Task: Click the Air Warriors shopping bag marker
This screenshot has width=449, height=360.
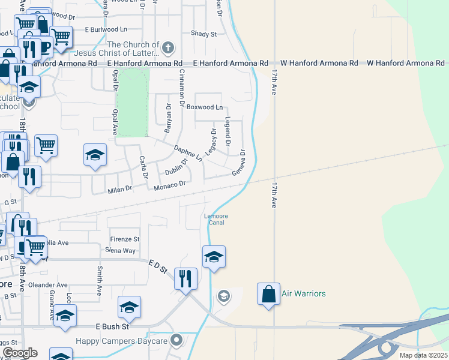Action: (x=268, y=294)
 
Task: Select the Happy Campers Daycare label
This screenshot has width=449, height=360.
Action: (x=121, y=341)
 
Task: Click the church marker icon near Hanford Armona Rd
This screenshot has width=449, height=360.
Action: (x=169, y=47)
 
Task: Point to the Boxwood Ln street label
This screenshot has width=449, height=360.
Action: (x=204, y=107)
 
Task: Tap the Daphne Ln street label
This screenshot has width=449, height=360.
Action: (x=188, y=152)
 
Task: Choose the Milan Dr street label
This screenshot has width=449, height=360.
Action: (x=119, y=190)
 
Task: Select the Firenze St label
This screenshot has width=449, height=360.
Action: (x=124, y=239)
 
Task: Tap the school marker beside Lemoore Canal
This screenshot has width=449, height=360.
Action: (x=214, y=257)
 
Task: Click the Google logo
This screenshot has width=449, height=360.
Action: (x=20, y=353)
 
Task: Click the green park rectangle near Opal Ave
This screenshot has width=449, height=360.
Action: (x=133, y=102)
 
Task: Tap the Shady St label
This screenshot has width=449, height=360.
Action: (x=203, y=34)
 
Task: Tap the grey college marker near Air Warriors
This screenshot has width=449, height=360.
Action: (x=223, y=296)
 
